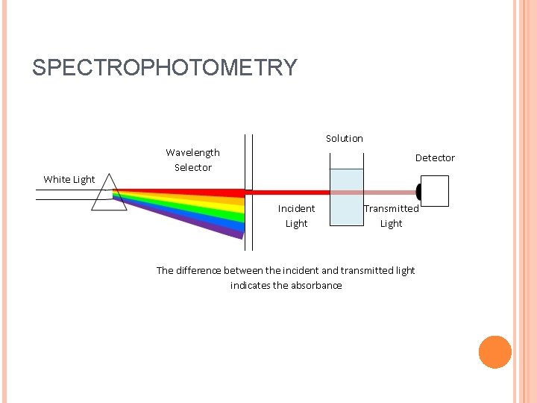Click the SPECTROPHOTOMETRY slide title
(164, 68)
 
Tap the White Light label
(69, 179)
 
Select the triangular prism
(104, 196)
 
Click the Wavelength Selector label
(192, 160)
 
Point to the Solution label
(344, 139)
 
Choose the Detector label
(435, 158)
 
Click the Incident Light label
(296, 216)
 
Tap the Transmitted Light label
(391, 216)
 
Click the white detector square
(436, 191)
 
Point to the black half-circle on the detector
(418, 192)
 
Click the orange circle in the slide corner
(494, 352)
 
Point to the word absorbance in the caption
(316, 285)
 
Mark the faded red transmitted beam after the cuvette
(388, 192)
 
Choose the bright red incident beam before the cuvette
(291, 192)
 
